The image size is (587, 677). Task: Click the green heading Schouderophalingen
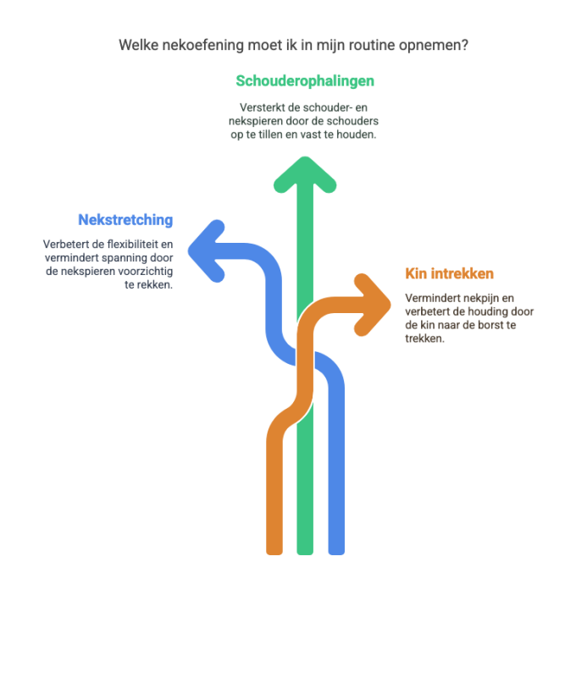[305, 81]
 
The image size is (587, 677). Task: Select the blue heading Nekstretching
[125, 220]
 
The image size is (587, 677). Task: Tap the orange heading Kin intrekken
[449, 273]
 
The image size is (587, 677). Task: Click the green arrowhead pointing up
[305, 175]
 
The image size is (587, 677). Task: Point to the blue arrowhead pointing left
[207, 250]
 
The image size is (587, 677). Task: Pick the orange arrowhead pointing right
[372, 305]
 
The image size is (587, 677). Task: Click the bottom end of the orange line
[274, 553]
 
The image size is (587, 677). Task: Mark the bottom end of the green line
[305, 553]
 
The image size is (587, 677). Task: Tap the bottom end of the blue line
[336, 553]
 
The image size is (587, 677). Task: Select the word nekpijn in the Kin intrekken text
[477, 299]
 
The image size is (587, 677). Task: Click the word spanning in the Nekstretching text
[127, 258]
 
